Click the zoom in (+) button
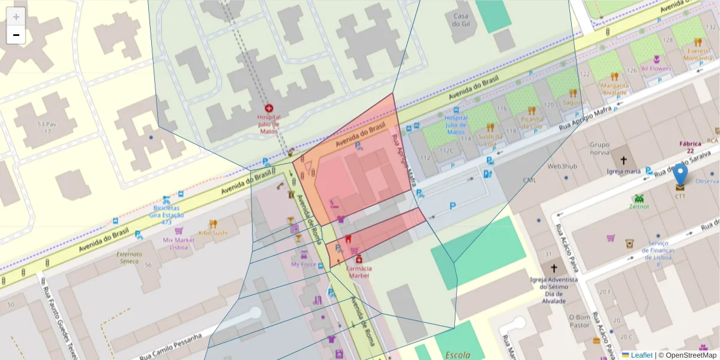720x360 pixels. click(x=16, y=16)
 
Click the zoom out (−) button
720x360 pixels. click(x=16, y=35)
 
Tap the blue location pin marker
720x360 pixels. click(x=680, y=175)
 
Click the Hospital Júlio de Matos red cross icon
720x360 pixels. click(x=268, y=108)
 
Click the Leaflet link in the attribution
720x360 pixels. click(x=641, y=355)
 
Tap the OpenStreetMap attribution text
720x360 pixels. click(x=691, y=355)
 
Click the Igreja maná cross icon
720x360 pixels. click(x=623, y=161)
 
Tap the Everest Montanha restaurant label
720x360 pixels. click(x=697, y=54)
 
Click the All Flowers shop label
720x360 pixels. click(x=656, y=68)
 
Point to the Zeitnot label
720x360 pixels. click(x=639, y=206)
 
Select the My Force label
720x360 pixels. click(x=303, y=264)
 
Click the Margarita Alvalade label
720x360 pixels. click(x=615, y=89)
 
